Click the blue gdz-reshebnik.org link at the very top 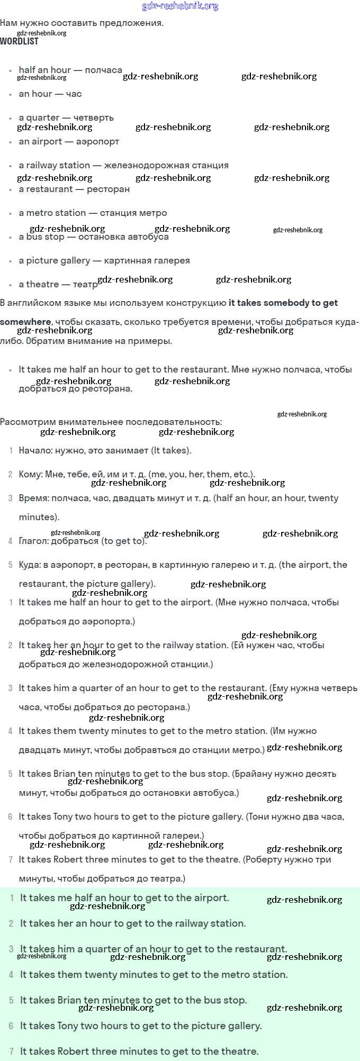point(180,6)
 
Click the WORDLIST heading point(19,41)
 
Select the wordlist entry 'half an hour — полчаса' point(70,70)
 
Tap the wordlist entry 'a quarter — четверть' point(66,117)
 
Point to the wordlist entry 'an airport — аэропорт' point(69,141)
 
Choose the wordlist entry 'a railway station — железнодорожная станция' point(123,165)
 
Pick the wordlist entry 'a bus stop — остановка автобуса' point(94,237)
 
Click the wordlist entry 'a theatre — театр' point(58,284)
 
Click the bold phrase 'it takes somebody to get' point(283,303)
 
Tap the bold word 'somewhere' point(25,322)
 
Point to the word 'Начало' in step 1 point(34,450)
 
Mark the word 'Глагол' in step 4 point(33,541)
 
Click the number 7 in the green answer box point(12,1051)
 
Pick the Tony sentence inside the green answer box point(141,1026)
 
